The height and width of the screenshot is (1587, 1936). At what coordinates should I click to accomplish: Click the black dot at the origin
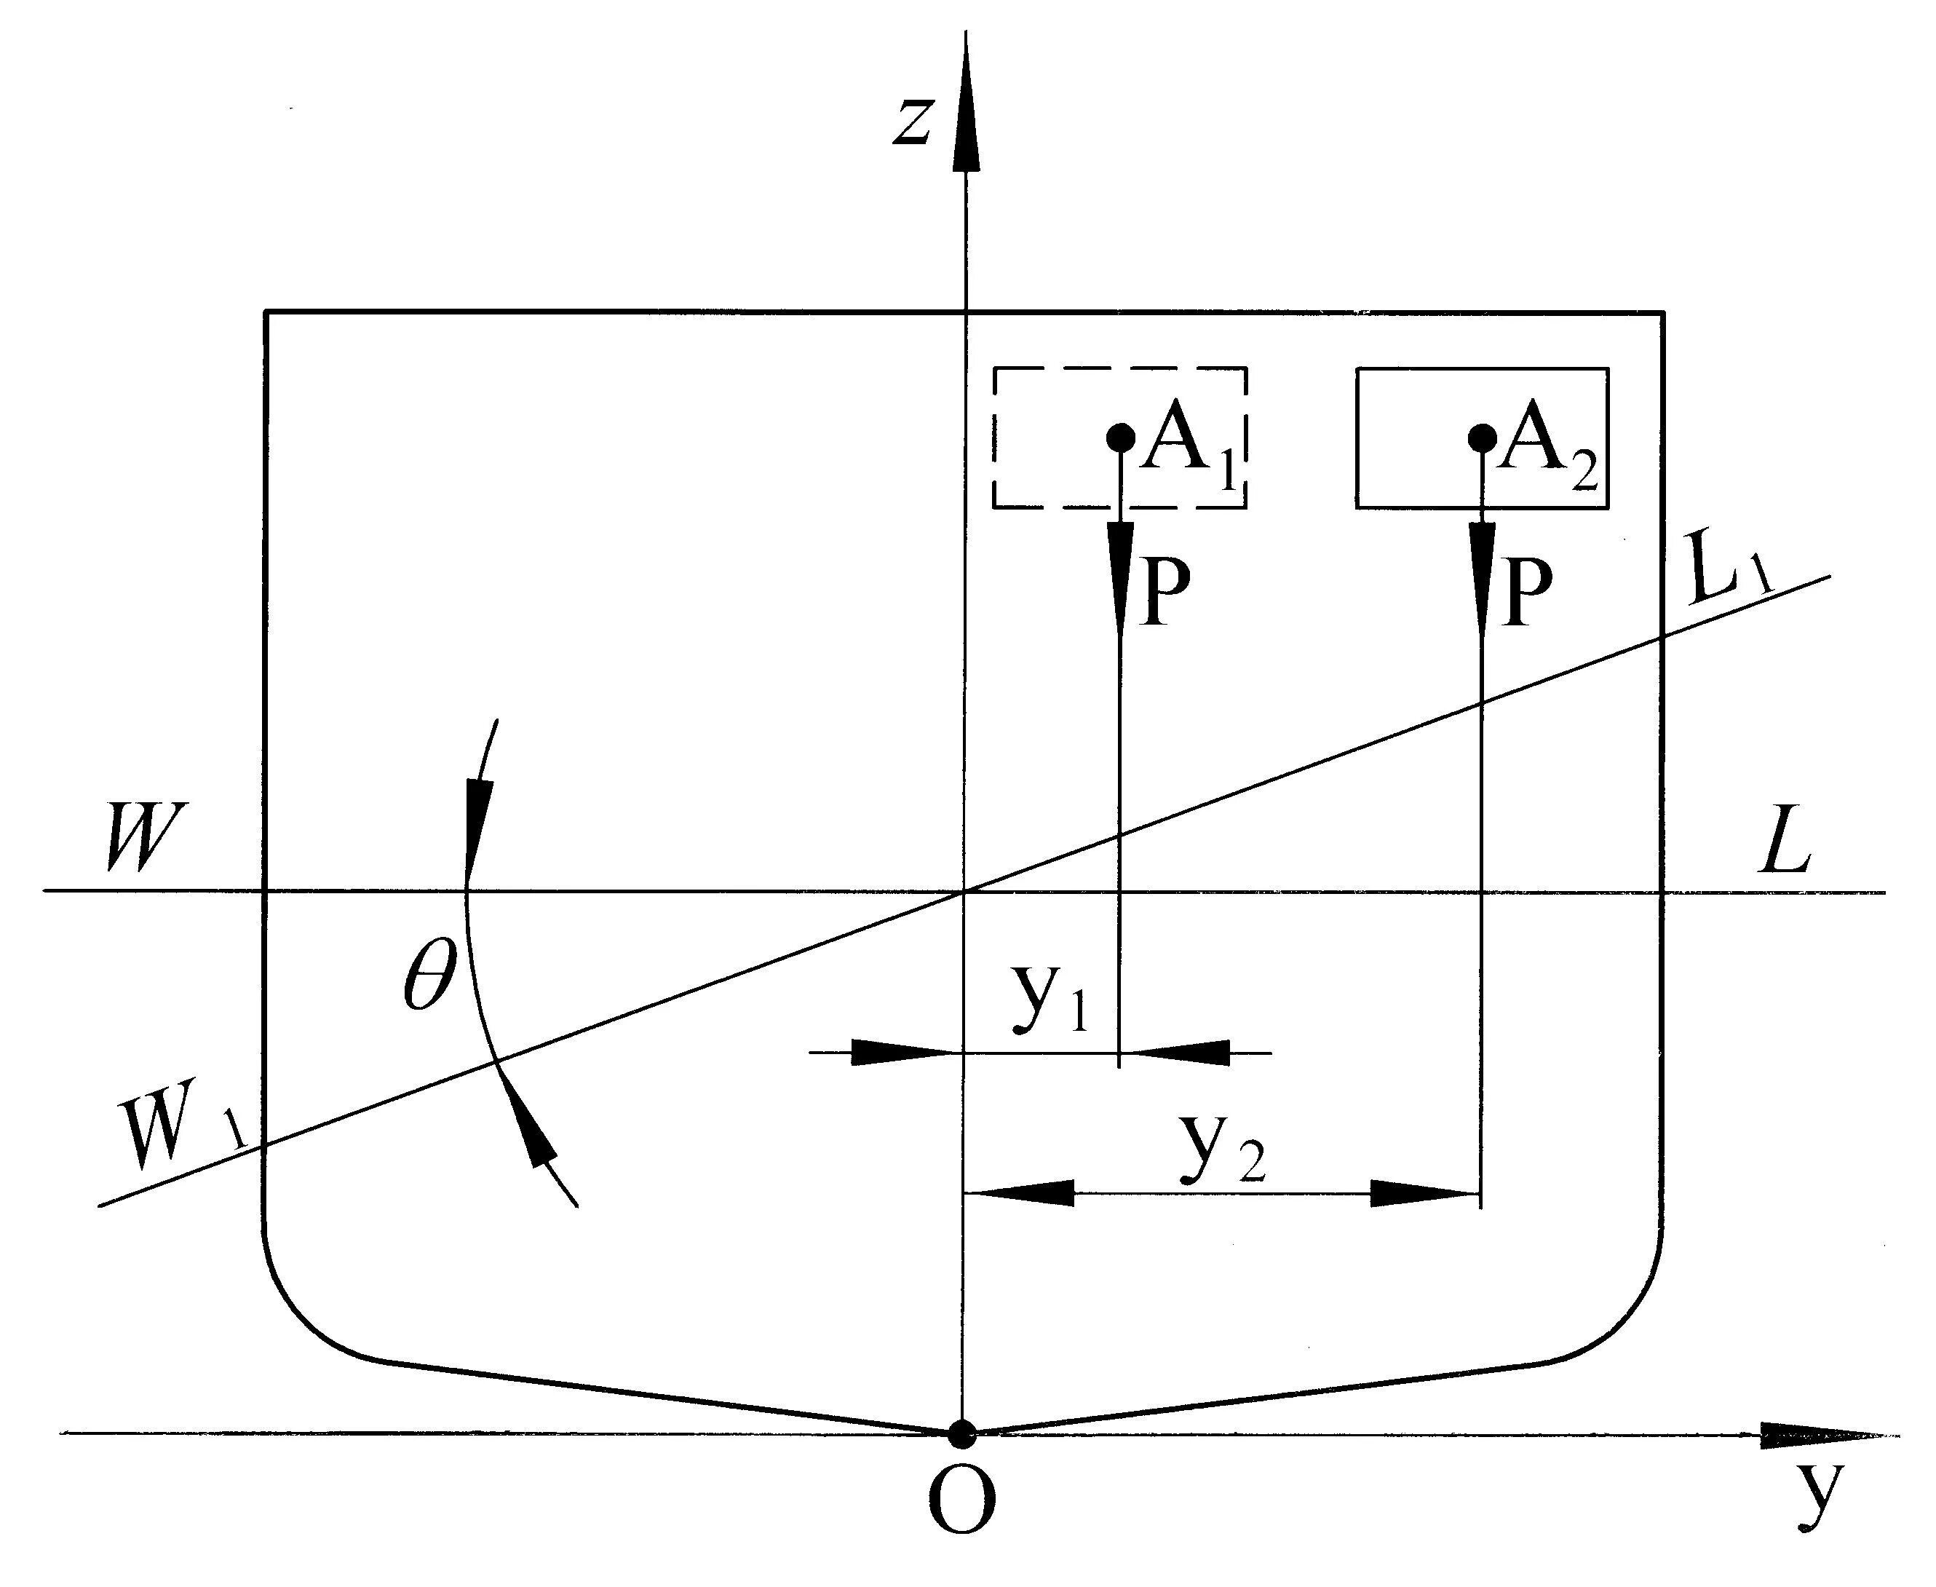click(x=961, y=1434)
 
